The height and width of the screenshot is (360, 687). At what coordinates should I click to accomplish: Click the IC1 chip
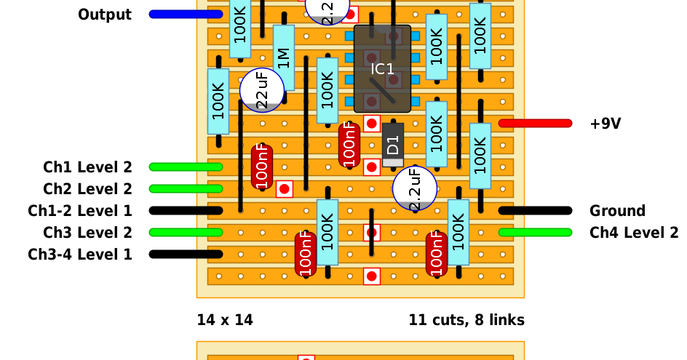pos(382,69)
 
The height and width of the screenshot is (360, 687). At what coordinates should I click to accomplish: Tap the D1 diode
pos(393,145)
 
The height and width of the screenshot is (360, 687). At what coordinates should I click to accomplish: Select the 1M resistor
pos(284,57)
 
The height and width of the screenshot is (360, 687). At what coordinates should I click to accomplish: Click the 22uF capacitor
pos(262,90)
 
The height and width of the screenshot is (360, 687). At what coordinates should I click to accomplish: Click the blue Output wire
pos(186,15)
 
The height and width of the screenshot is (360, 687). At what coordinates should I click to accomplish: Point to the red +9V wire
pos(536,124)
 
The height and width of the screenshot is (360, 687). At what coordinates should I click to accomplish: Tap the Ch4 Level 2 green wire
pos(536,233)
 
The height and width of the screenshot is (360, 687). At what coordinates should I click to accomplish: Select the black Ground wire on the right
pos(536,211)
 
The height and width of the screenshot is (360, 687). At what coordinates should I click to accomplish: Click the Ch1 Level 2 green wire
pos(186,167)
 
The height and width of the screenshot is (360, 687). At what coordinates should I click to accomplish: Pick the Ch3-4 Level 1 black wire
pos(186,254)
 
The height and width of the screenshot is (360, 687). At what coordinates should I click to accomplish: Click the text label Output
pos(105,15)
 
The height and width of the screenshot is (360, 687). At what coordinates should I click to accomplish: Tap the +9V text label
pos(605,124)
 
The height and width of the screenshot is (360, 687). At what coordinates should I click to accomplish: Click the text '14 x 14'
pos(225,320)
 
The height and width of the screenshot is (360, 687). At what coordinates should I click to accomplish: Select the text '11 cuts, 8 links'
pos(466,320)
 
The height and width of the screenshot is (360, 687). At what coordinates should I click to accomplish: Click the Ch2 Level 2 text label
pos(87,189)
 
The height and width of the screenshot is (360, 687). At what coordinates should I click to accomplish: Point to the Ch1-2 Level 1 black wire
pos(186,211)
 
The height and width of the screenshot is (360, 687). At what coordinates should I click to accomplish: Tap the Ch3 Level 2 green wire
pos(186,233)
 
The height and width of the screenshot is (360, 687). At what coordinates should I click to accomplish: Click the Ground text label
pos(617,211)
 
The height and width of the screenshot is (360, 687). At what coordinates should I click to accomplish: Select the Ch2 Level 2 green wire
pos(186,189)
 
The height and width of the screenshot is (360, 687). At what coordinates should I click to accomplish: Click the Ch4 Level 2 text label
pos(634,233)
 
